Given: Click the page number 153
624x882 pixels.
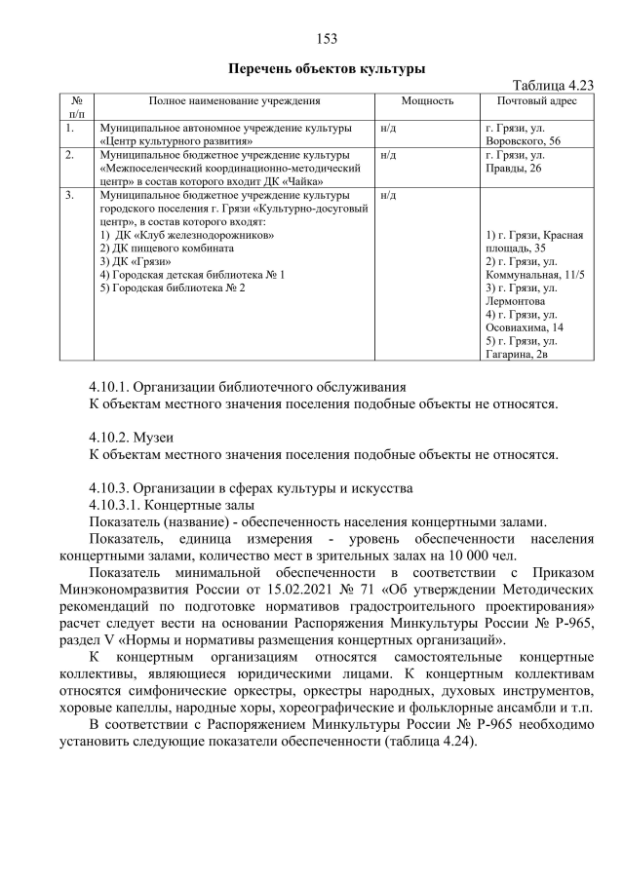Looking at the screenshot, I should click(327, 39).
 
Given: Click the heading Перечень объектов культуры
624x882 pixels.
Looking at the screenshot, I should click(327, 69).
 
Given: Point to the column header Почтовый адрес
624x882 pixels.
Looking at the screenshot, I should click(536, 101).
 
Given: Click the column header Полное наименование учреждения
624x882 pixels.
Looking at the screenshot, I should click(234, 101).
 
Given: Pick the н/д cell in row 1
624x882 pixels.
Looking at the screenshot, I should click(388, 128).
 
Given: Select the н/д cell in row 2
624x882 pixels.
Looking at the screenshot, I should click(388, 155).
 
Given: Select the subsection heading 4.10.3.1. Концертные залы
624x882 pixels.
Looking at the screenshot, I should click(172, 504).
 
